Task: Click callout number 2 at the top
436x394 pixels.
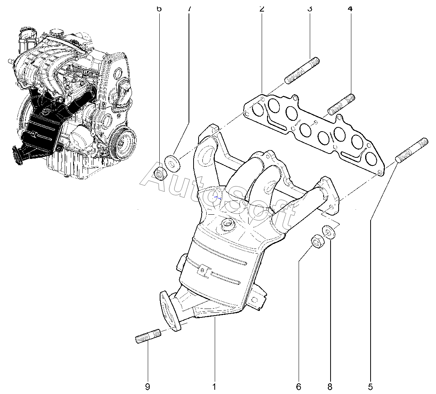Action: [262, 8]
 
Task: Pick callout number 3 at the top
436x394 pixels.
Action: [309, 8]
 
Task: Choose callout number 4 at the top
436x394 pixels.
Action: [350, 8]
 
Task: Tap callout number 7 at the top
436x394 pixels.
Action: [189, 8]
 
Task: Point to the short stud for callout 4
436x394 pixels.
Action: [341, 104]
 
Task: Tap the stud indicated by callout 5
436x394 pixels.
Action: [411, 150]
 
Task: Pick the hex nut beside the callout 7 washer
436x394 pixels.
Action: [160, 174]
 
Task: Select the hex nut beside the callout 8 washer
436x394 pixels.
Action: [316, 242]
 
